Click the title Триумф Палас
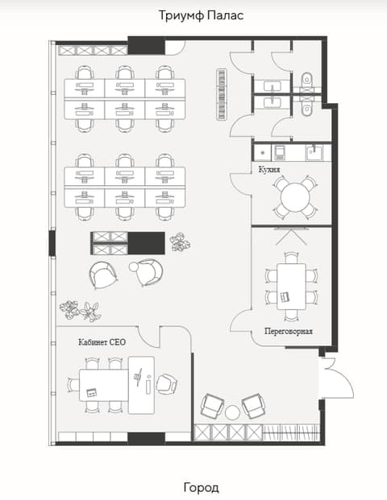pyautogui.click(x=201, y=15)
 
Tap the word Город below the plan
pyautogui.click(x=202, y=487)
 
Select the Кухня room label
pyautogui.click(x=269, y=169)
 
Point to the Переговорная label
pyautogui.click(x=289, y=331)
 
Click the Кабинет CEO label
pyautogui.click(x=102, y=342)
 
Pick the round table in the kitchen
pyautogui.click(x=295, y=197)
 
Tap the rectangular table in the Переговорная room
pyautogui.click(x=291, y=287)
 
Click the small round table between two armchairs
pyautogui.click(x=232, y=412)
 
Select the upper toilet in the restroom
pyautogui.click(x=307, y=80)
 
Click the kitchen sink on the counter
pyautogui.click(x=314, y=153)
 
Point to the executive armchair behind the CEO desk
pyautogui.click(x=166, y=384)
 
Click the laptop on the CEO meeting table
pyautogui.click(x=92, y=392)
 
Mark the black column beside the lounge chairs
pyautogui.click(x=147, y=243)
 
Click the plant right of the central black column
pyautogui.click(x=180, y=242)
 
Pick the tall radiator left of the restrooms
pyautogui.click(x=222, y=95)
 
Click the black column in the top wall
pyautogui.click(x=147, y=45)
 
